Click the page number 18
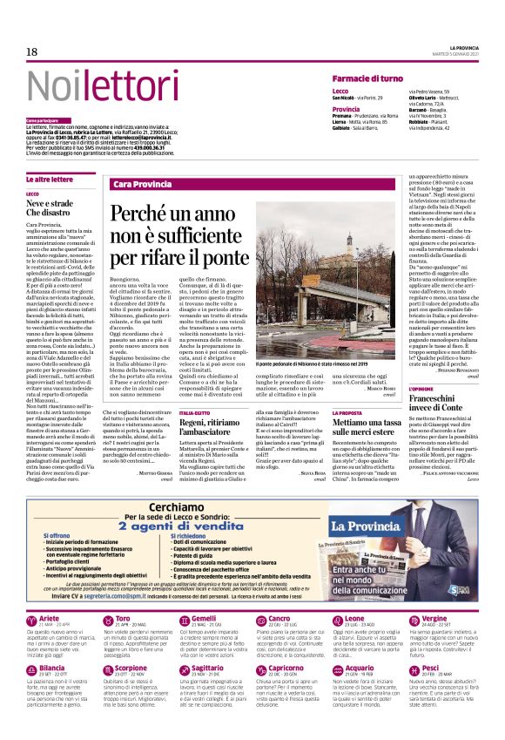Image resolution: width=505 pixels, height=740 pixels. pyautogui.click(x=32, y=52)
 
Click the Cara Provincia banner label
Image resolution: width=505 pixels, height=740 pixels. pyautogui.click(x=143, y=184)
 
